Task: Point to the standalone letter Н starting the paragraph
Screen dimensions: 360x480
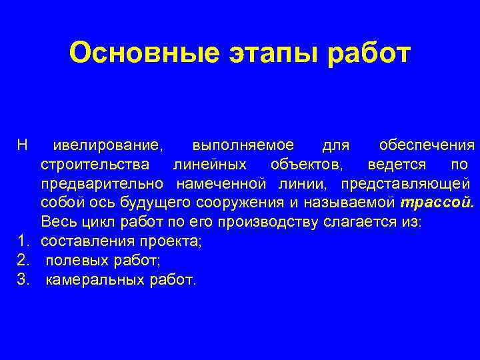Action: pos(22,145)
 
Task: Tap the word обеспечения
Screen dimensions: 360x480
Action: pos(427,145)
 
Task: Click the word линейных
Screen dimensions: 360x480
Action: pos(209,164)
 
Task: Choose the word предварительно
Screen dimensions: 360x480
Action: pos(103,183)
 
